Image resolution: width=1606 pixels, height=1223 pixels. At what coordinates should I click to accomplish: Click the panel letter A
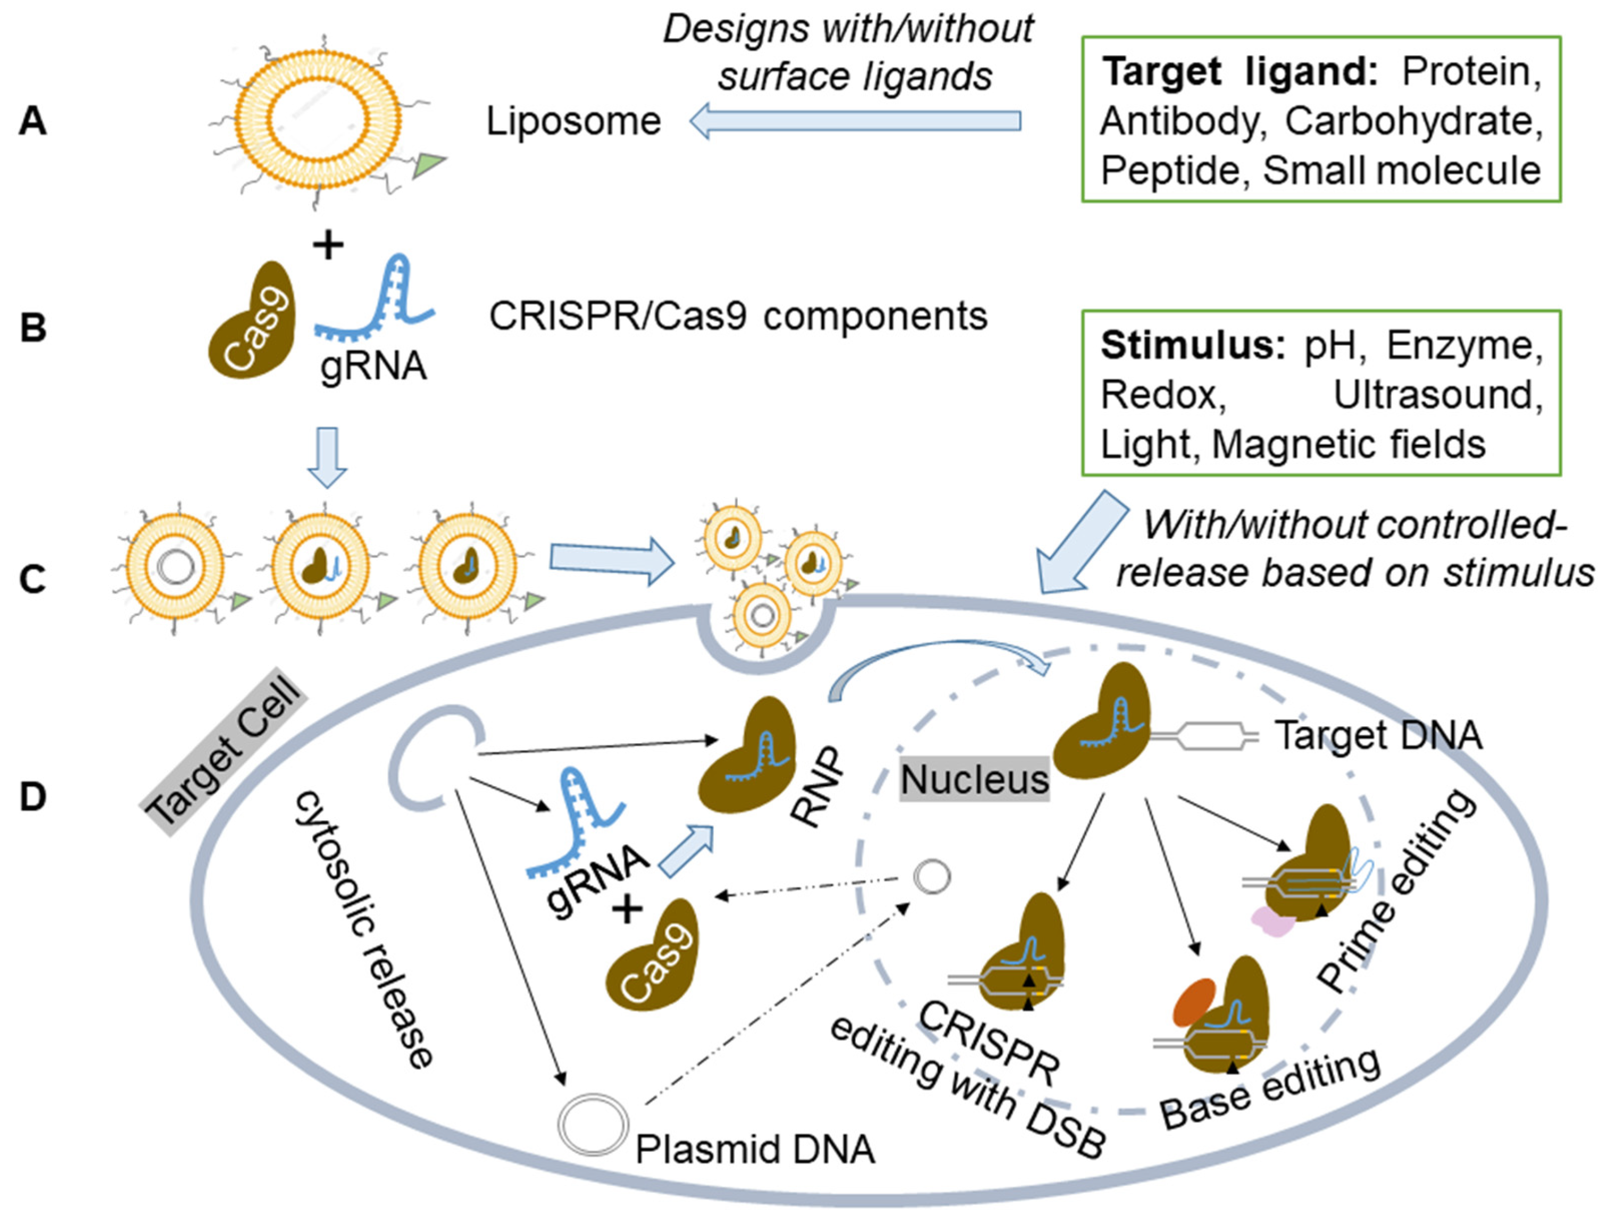pyautogui.click(x=33, y=121)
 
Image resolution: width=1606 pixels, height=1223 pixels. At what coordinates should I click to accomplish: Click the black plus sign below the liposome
pyautogui.click(x=328, y=245)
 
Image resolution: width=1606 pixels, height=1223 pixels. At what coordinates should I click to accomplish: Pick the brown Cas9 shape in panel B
pyautogui.click(x=253, y=323)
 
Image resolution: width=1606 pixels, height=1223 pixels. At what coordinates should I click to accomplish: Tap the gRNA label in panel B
pyautogui.click(x=373, y=366)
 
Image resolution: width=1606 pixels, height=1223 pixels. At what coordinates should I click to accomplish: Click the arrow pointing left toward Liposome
pyautogui.click(x=855, y=121)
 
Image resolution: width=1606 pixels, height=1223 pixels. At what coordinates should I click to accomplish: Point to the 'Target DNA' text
pyautogui.click(x=1378, y=735)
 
